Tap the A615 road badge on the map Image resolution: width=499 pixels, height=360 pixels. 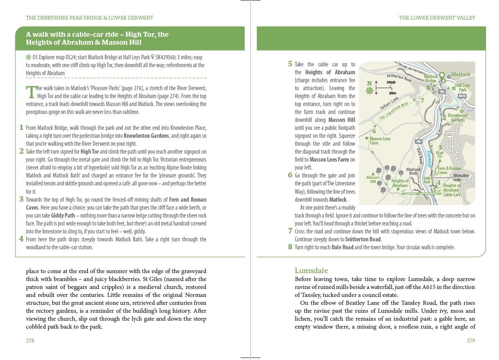coord(462,96)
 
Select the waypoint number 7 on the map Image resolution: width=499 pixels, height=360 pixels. coord(422,101)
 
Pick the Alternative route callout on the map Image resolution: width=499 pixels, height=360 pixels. coord(461,177)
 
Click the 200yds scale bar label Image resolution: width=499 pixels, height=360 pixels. coord(391,82)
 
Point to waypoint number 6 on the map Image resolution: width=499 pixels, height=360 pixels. coord(374,131)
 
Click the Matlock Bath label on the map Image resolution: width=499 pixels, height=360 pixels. coord(413,171)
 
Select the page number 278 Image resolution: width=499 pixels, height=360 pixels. coord(30,341)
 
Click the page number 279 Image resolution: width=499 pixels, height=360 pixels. coord(471,341)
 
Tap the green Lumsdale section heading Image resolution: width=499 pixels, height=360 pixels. coord(311,271)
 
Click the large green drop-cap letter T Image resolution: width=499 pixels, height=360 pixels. coord(30,92)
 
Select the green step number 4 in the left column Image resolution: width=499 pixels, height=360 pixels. coord(21,239)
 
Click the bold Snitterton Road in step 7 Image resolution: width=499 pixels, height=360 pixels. coord(363,239)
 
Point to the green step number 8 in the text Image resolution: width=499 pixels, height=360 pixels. coord(290,247)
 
